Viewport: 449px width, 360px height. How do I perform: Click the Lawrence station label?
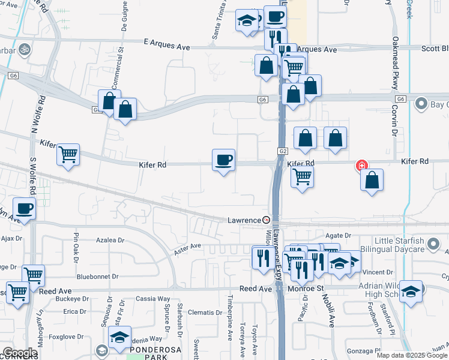click(244, 220)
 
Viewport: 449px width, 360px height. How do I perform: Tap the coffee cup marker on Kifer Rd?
click(223, 160)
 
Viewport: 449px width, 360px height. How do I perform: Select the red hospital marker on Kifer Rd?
click(361, 165)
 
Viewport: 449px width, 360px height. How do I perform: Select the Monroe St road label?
click(305, 289)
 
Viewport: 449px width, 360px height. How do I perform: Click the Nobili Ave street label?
click(331, 308)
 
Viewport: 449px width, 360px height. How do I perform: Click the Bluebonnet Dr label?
click(97, 277)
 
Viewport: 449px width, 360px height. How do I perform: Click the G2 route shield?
click(283, 152)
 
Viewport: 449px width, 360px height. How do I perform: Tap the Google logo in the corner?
click(20, 353)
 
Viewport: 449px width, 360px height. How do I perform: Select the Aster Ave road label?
click(187, 246)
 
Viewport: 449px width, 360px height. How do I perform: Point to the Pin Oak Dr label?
click(76, 247)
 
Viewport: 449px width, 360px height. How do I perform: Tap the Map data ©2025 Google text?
click(412, 355)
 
